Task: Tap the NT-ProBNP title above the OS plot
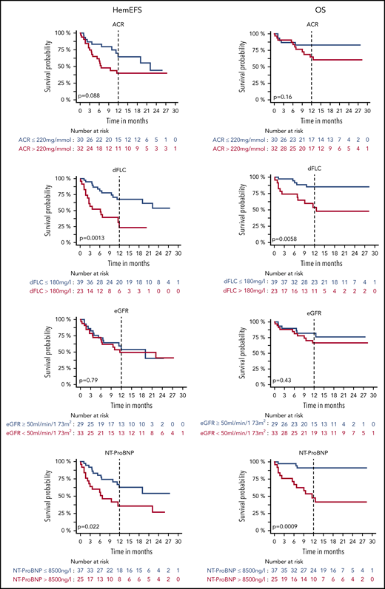tap(314, 453)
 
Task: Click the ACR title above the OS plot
tap(314, 22)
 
